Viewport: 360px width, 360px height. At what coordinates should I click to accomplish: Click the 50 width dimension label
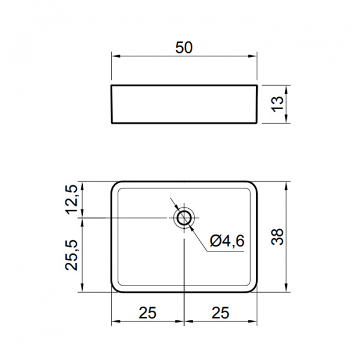pos(184,47)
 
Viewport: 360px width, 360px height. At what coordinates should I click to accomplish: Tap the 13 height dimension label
pos(278,104)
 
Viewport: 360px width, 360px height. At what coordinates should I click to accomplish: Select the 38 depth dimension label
pos(277,237)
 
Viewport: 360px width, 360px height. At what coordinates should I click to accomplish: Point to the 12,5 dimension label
pos(71,200)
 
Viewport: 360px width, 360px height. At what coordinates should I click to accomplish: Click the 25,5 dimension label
pos(71,255)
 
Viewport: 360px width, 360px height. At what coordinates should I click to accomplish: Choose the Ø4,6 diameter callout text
pos(227,241)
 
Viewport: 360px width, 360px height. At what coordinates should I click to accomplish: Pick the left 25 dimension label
pos(148,313)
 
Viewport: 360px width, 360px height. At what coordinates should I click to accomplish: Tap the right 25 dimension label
pos(220,313)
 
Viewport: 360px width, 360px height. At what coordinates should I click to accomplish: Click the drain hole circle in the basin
pos(184,218)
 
